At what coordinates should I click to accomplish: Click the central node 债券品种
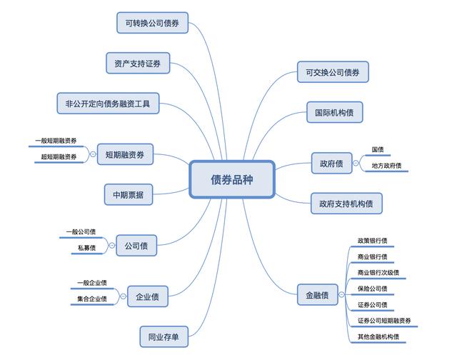coord(232,179)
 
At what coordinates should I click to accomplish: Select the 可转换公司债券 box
coord(152,23)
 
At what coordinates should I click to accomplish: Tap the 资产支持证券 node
coord(138,63)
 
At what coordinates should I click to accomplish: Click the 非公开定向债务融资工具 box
coord(108,103)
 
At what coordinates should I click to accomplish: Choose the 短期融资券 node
coord(125,154)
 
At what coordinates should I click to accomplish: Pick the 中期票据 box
coord(129,194)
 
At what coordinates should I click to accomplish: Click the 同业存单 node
coord(164,336)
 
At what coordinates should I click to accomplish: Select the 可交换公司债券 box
coord(333,72)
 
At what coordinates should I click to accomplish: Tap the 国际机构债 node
coord(335,112)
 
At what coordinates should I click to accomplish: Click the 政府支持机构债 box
coord(346,204)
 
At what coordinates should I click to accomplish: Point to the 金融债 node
coord(317,295)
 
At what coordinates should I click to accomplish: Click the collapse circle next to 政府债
coord(356,164)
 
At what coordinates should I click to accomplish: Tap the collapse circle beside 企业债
coord(124,296)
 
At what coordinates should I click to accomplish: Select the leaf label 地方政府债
coord(386,166)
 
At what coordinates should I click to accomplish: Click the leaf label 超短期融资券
coord(59,156)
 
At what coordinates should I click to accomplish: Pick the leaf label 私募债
coord(87,248)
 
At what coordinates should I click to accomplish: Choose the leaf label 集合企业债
coord(92,299)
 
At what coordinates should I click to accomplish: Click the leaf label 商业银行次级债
coord(378,273)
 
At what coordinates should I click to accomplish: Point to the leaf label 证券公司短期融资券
coord(384,321)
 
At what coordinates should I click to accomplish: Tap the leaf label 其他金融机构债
coord(378,336)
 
